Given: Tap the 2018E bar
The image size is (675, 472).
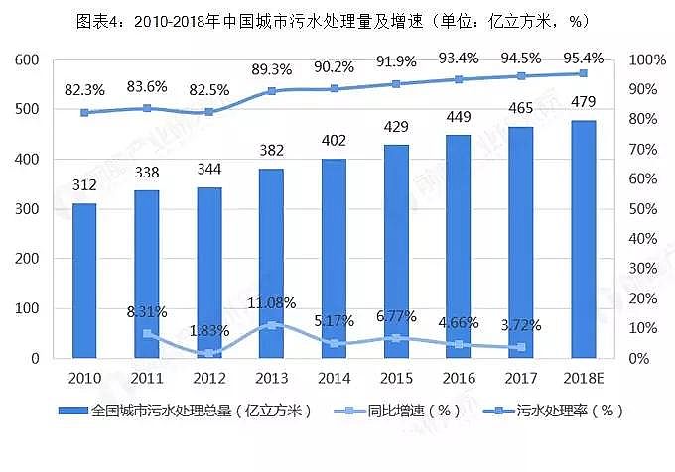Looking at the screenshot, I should pos(583,239).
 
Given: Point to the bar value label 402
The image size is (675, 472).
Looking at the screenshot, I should pos(334,142).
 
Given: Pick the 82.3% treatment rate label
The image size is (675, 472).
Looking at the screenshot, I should pos(84,90).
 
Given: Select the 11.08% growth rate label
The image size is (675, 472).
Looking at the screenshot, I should pos(271,303).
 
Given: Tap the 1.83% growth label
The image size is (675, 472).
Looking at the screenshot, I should pos(209,330).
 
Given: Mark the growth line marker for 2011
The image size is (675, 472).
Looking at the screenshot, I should pos(147,333).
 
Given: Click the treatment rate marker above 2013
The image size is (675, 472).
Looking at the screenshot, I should pos(271,91).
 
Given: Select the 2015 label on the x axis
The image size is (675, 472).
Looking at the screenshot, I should pos(396,378).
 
